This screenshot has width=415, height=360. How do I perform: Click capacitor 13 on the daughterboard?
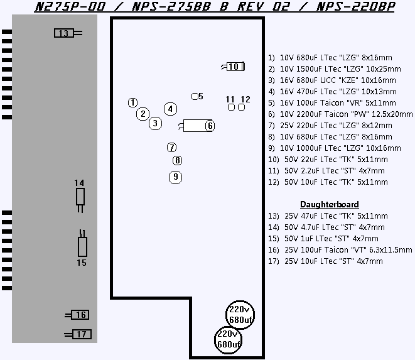tap(64, 33)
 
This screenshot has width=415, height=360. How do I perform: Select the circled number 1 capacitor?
tap(132, 102)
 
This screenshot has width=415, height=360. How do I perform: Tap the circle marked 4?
tap(170, 109)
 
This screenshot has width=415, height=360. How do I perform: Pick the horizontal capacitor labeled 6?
tap(198, 126)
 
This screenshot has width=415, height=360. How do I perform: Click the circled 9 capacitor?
tap(175, 177)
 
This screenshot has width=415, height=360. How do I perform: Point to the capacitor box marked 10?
tap(235, 67)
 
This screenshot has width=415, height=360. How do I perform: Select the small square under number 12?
tap(241, 107)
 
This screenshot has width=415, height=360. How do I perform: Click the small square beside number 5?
tap(195, 96)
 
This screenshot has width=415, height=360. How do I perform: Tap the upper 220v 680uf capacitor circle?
tap(240, 315)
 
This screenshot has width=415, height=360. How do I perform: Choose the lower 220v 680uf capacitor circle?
tap(228, 340)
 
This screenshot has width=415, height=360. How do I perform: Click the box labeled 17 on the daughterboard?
tap(82, 334)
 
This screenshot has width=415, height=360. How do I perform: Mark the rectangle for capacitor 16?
tap(80, 315)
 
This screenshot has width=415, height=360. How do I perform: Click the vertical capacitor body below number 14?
tap(80, 196)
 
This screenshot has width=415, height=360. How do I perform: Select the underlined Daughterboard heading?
tap(330, 205)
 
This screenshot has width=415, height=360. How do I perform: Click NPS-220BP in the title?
tap(355, 7)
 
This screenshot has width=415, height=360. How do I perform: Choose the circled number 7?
tap(172, 147)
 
